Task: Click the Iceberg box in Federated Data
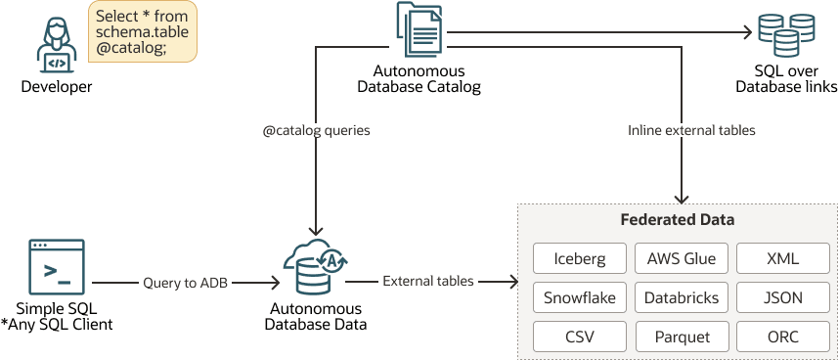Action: (x=579, y=258)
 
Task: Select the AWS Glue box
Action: (x=682, y=258)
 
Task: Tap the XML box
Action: (x=782, y=258)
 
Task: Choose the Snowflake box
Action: (x=579, y=297)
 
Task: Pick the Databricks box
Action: (x=682, y=297)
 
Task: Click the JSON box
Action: (x=782, y=297)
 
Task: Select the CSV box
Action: (x=579, y=337)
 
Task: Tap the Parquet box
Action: (x=682, y=337)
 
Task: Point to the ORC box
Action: (x=782, y=337)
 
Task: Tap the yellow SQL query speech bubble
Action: (x=143, y=31)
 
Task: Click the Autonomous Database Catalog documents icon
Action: (x=419, y=29)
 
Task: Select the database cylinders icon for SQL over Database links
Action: (x=786, y=35)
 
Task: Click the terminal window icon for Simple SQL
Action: (x=57, y=267)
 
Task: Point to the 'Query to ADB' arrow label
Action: (x=186, y=283)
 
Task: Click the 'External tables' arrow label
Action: (x=428, y=282)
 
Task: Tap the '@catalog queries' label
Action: (x=317, y=130)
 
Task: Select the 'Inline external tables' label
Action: (x=691, y=130)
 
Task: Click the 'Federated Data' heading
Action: (x=677, y=220)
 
